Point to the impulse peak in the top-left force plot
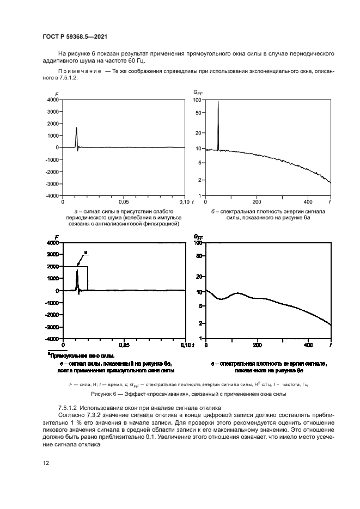click(x=76, y=127)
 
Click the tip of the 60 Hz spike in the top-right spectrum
click(x=218, y=101)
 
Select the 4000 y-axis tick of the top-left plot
click(x=52, y=100)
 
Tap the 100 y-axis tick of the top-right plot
click(x=198, y=100)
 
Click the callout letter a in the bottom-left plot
click(x=86, y=253)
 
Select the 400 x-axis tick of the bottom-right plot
click(x=308, y=345)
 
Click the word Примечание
click(x=80, y=71)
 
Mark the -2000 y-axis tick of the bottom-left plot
click(x=52, y=315)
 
